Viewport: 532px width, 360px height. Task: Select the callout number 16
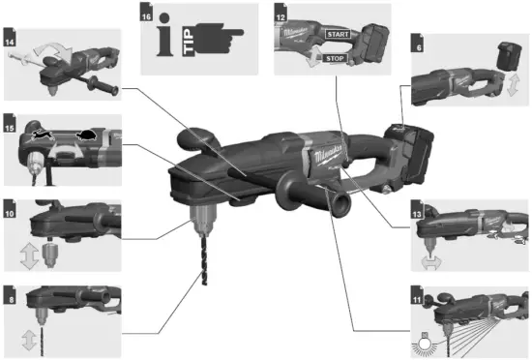147,15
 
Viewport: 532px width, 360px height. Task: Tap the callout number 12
280,15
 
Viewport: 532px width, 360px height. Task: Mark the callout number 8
11,289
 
